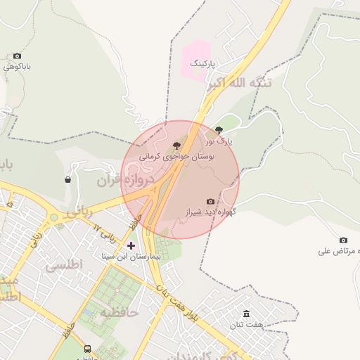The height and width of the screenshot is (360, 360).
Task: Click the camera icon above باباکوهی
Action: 17,56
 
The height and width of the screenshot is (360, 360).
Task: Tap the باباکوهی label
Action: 18,67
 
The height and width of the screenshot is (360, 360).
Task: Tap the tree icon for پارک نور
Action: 219,130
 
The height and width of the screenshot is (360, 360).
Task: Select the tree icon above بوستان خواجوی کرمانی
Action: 176,145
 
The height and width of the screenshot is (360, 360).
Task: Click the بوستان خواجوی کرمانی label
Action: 179,157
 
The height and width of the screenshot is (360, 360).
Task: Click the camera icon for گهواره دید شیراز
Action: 210,201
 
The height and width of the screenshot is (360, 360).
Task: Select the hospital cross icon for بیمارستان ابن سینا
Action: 131,245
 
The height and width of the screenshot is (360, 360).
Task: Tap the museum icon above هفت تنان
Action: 246,314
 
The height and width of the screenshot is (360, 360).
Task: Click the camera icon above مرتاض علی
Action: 343,240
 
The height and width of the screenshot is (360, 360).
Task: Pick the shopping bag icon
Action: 67,179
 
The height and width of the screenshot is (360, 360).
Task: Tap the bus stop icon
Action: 87,349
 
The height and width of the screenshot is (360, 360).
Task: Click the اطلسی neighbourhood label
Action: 64,265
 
